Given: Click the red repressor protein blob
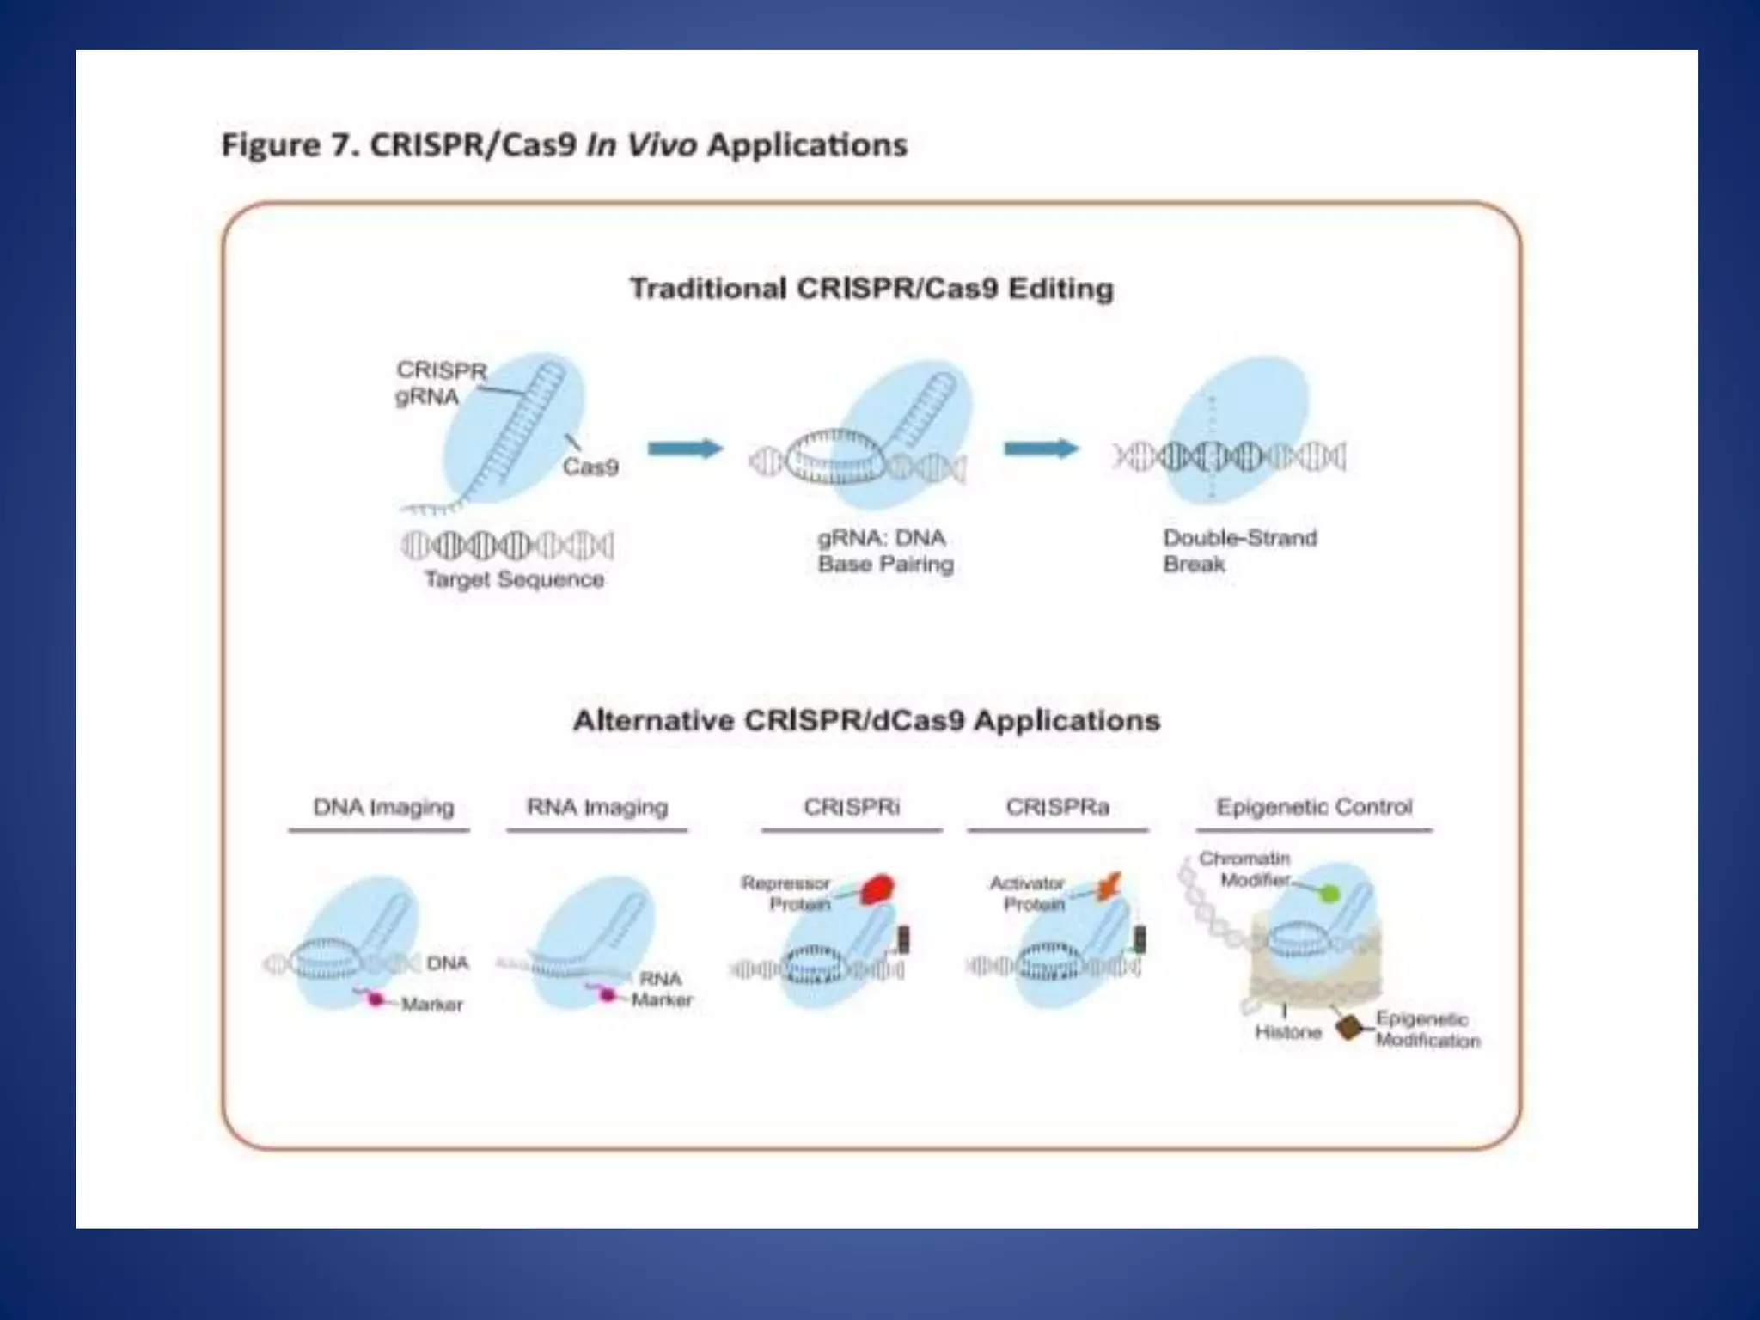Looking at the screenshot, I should (877, 889).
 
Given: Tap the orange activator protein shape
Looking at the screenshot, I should (1109, 886).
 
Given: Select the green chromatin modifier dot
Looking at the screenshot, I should (1329, 894).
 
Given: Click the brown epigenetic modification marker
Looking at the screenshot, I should (1350, 1027).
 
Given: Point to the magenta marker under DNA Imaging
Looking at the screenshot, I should (376, 999).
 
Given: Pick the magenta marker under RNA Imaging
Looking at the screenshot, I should (608, 995).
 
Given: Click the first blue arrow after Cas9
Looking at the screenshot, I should (685, 449).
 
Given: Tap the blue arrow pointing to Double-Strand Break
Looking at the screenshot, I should (1041, 449).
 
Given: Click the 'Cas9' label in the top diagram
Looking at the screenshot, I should (590, 467).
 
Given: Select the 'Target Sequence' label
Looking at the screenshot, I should (514, 579).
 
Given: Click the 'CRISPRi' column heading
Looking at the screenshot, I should (852, 807).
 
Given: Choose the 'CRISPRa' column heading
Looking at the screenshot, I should (1057, 807).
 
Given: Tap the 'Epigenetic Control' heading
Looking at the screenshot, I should (1314, 807).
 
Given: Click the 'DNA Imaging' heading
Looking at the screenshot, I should (383, 807).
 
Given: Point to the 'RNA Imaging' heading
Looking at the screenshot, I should (597, 807).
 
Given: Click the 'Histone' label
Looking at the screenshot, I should (1287, 1032).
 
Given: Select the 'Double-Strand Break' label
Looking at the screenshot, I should (1239, 551).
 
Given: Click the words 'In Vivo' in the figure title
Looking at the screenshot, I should (641, 145).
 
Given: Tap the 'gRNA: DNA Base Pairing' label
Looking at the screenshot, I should (885, 551).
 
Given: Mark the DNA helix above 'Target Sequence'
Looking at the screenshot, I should (507, 545).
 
